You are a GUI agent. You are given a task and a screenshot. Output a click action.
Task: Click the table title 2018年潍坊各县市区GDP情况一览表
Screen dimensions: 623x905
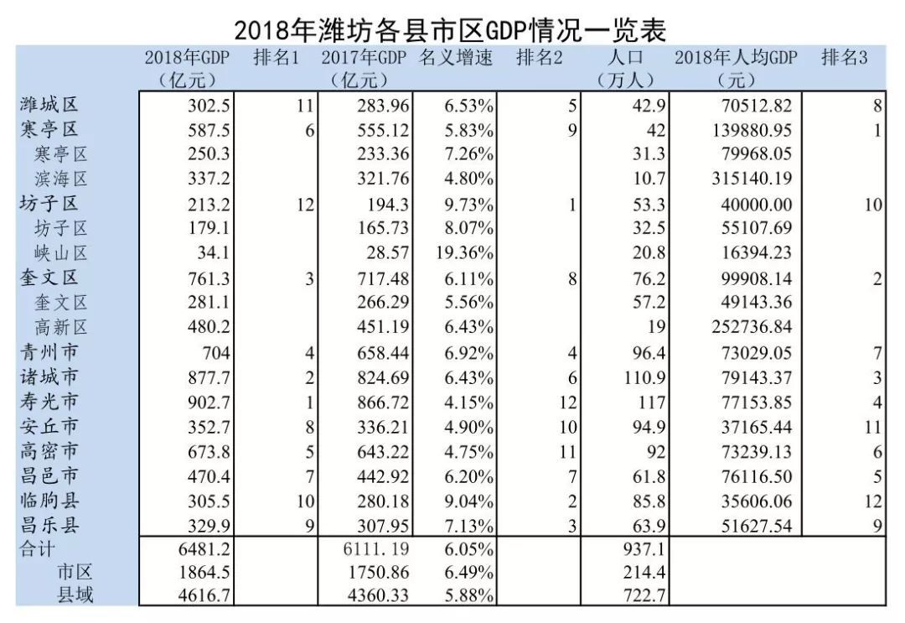click(451, 30)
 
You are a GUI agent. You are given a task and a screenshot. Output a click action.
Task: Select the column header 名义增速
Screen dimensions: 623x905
click(457, 58)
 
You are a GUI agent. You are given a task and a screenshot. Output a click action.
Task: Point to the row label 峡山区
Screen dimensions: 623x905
click(61, 254)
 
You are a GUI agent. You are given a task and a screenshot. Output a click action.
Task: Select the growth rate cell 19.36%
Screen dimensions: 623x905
click(466, 254)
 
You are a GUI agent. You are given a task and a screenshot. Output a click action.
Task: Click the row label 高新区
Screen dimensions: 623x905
click(61, 328)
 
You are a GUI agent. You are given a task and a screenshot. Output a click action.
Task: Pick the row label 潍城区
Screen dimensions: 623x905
click(49, 106)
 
